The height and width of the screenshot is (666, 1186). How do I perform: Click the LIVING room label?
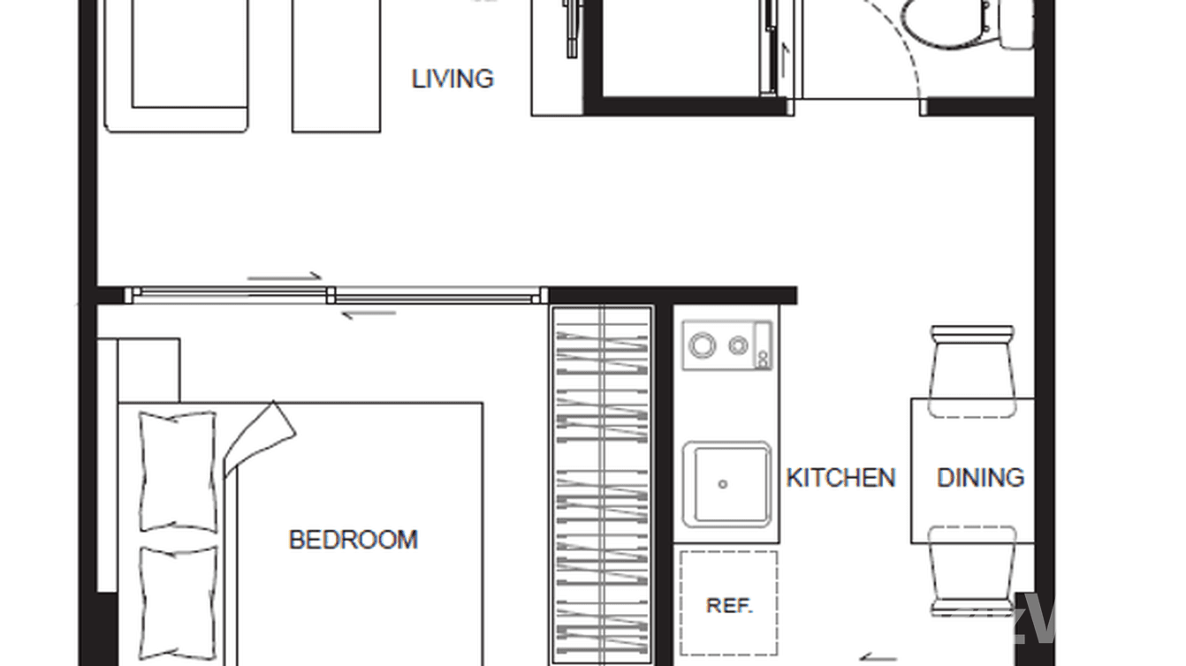pos(452,79)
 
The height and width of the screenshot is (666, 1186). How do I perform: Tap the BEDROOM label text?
pos(353,539)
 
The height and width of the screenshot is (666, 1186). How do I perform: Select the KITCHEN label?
pos(840,478)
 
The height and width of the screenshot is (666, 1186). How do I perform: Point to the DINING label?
pos(980,478)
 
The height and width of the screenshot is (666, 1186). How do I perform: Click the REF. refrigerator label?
pos(729,606)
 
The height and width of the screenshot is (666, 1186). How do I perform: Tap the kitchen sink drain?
pos(723,484)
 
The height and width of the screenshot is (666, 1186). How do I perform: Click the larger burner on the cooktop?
pos(703,345)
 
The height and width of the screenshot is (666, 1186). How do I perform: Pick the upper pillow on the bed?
pos(178,471)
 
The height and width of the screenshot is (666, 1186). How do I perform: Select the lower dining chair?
pos(972,570)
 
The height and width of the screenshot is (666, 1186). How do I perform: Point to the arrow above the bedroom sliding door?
pos(285,277)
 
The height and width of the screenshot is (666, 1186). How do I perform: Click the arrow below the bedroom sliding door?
pos(368,313)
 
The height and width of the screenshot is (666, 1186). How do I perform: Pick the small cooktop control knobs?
pos(762,344)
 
